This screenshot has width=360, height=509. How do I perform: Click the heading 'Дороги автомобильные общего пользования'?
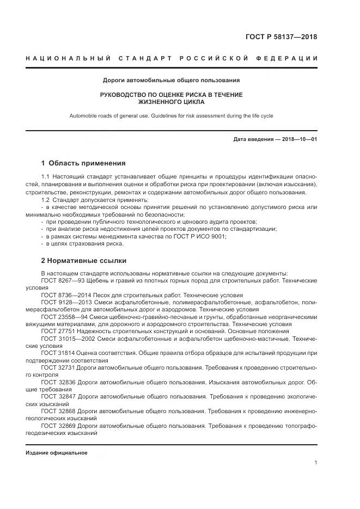point(172,80)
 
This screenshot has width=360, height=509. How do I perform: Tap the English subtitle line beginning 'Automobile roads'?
point(171,115)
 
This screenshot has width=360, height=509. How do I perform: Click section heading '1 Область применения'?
point(83,163)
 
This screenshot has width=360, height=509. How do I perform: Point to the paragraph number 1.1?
point(46,177)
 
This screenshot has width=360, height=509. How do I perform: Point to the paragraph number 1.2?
point(46,200)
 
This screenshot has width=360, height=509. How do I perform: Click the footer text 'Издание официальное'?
point(57,452)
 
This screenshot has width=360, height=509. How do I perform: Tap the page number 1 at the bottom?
point(315,462)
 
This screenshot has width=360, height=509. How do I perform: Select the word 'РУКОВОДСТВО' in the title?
point(124,95)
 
